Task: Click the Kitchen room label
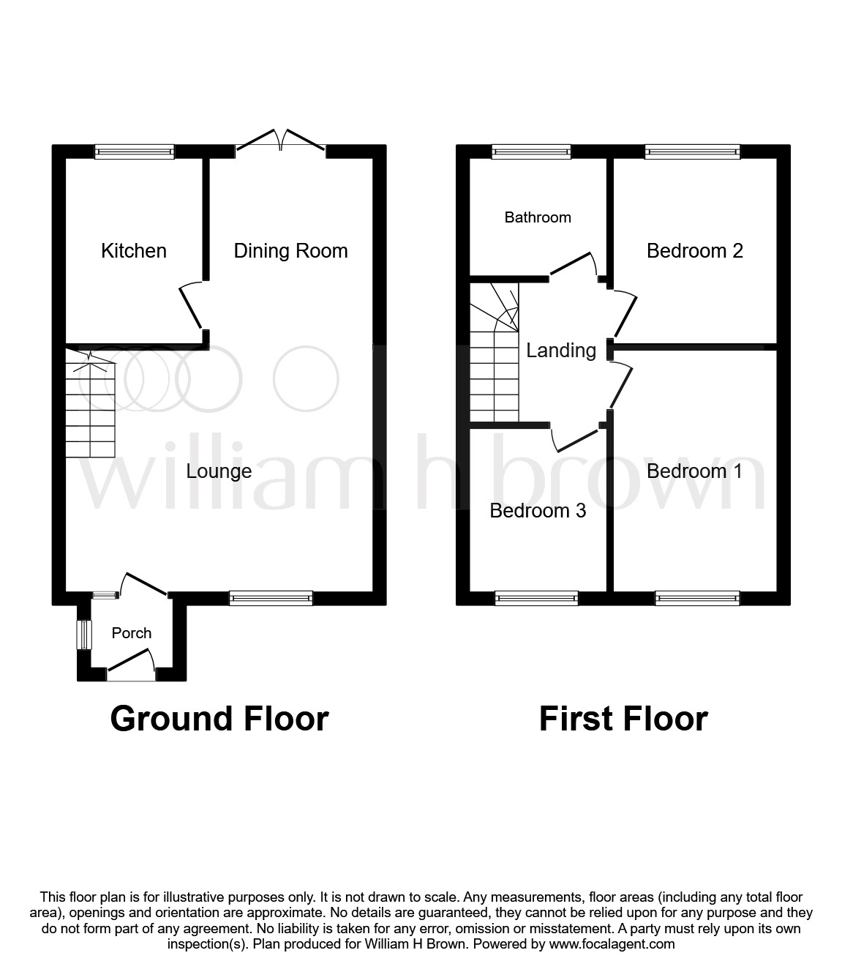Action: tap(134, 251)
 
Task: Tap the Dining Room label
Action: tap(290, 251)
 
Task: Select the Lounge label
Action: tap(219, 471)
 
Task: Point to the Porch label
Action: tap(132, 633)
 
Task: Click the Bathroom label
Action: tap(538, 217)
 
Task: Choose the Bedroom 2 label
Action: tap(695, 251)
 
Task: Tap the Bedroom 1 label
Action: tap(694, 471)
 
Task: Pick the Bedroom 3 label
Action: tap(538, 510)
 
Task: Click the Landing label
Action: tap(561, 351)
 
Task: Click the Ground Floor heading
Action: tap(219, 719)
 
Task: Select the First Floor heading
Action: tap(623, 719)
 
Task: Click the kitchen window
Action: tap(135, 152)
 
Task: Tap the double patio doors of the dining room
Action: tap(281, 143)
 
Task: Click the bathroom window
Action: tap(531, 152)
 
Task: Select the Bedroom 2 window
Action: tap(692, 152)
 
